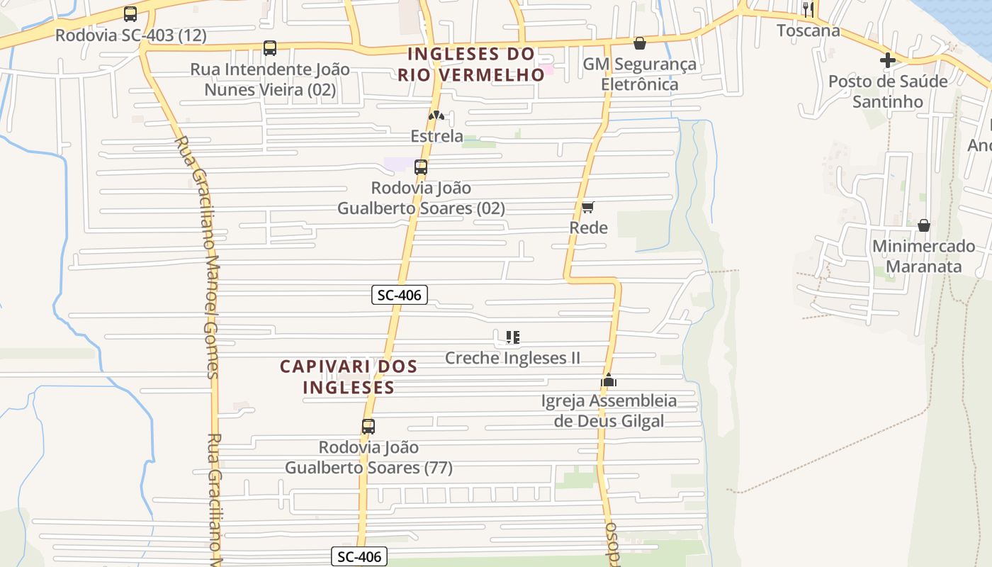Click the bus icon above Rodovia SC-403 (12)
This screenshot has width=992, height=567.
(x=130, y=14)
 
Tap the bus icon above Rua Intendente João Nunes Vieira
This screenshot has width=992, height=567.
(x=270, y=48)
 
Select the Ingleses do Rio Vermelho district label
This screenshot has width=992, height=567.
(x=470, y=64)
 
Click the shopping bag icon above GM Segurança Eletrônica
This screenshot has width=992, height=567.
(x=640, y=43)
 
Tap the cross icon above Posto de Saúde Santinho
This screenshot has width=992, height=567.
(x=888, y=60)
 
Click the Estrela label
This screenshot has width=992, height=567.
(x=437, y=136)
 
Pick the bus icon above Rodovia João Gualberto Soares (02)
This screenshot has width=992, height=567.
(x=421, y=167)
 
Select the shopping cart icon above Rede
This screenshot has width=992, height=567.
(x=587, y=207)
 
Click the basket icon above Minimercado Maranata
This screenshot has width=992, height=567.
(x=924, y=225)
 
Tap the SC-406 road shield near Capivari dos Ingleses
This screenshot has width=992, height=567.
(x=400, y=295)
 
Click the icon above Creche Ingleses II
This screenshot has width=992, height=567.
(x=513, y=337)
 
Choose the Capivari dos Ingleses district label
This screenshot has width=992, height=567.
(x=349, y=377)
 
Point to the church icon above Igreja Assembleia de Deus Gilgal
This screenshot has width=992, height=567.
(x=609, y=380)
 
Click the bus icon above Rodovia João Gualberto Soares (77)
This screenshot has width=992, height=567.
(x=368, y=427)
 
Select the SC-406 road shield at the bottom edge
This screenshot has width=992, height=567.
(x=360, y=557)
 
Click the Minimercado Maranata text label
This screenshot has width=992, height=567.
(x=924, y=257)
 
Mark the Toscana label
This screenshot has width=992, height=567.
(x=808, y=30)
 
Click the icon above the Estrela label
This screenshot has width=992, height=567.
(x=436, y=116)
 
